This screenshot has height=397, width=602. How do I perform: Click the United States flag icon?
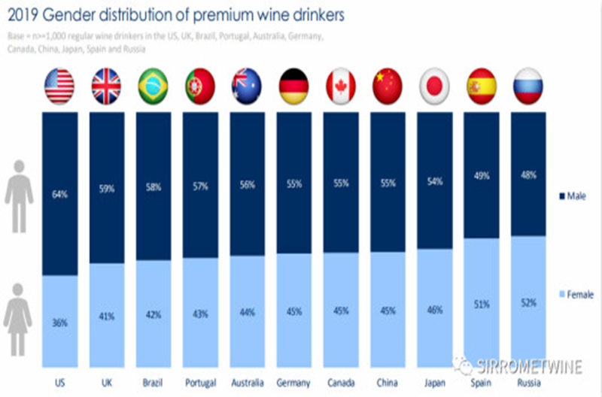pos(59,86)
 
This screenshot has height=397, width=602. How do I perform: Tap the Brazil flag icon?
pos(153,86)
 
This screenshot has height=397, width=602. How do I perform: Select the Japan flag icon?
pos(434,86)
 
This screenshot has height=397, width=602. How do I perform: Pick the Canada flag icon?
pos(340,86)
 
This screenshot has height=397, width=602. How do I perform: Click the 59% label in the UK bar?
pos(106,189)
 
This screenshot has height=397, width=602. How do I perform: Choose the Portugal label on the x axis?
pos(199,382)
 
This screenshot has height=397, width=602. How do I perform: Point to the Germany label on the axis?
pos(293,382)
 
